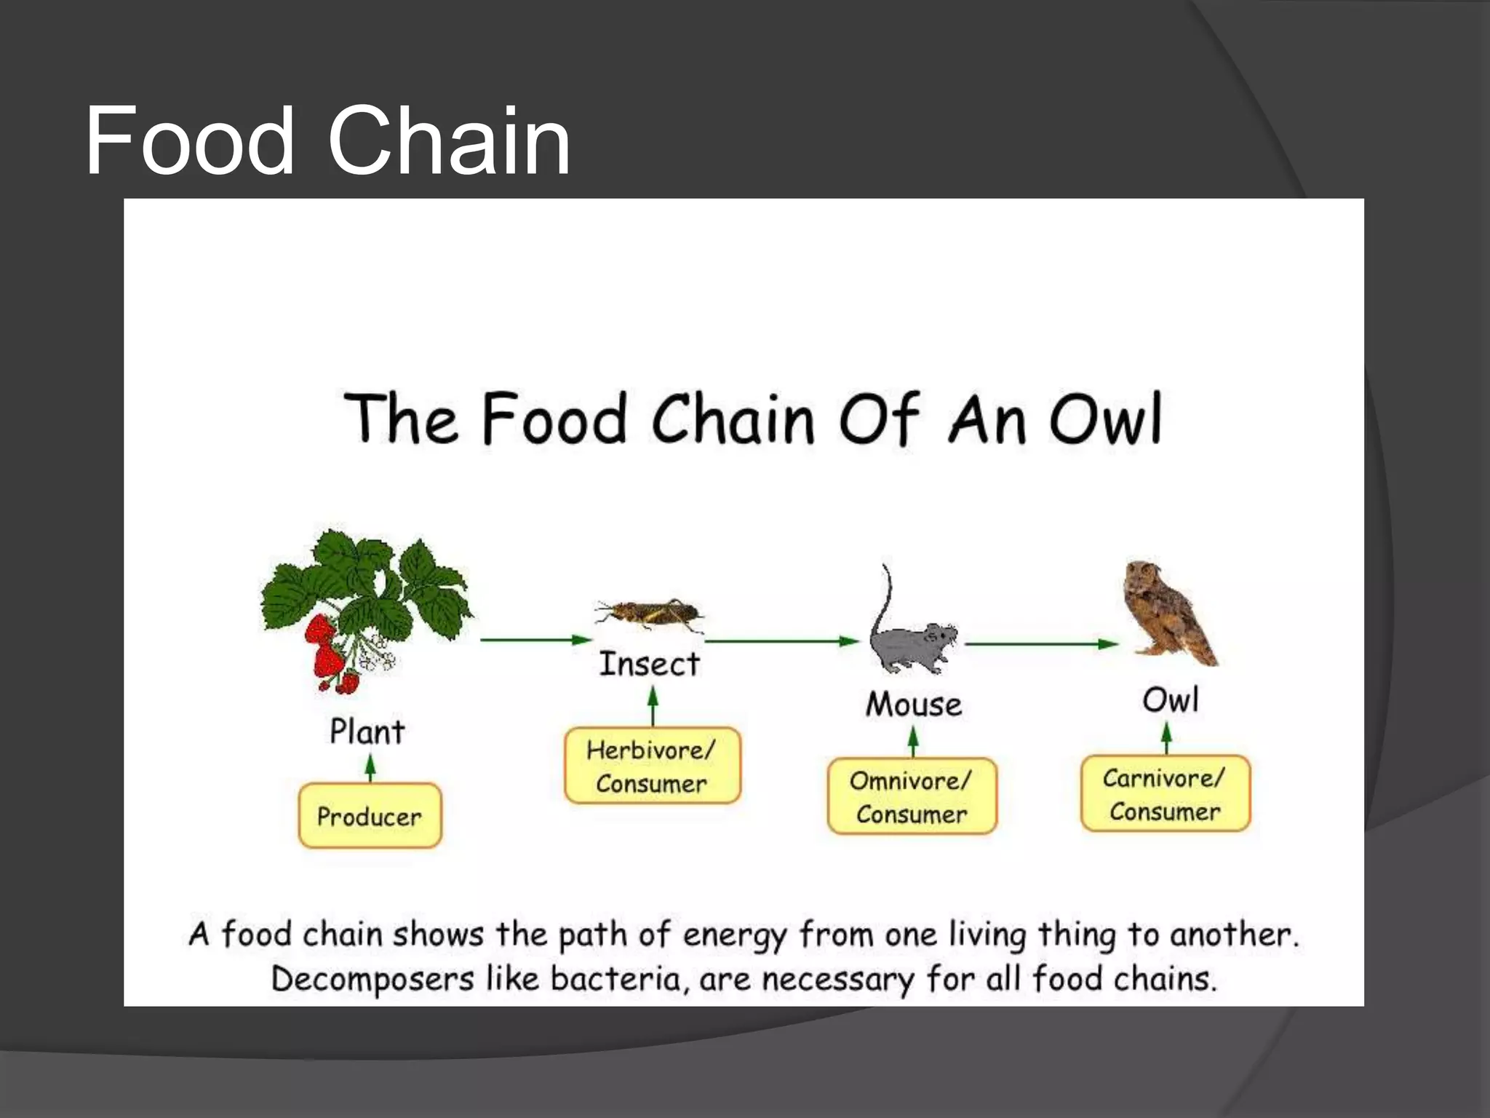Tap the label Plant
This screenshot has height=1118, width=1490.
367,732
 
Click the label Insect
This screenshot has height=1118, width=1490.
649,664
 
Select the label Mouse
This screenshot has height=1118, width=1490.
914,705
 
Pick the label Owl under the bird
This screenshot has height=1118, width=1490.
1170,700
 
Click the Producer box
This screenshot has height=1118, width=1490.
370,816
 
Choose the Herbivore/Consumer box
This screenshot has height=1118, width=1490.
652,766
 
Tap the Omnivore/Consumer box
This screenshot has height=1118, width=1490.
912,797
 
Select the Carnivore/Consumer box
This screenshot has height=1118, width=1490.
1165,794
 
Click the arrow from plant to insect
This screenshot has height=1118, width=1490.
535,640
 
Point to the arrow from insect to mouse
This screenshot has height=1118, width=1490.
782,641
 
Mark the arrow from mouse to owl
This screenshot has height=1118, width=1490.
1041,643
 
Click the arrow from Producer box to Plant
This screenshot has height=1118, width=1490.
370,768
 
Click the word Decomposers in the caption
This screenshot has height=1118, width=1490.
372,980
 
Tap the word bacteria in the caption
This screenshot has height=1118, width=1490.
615,979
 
